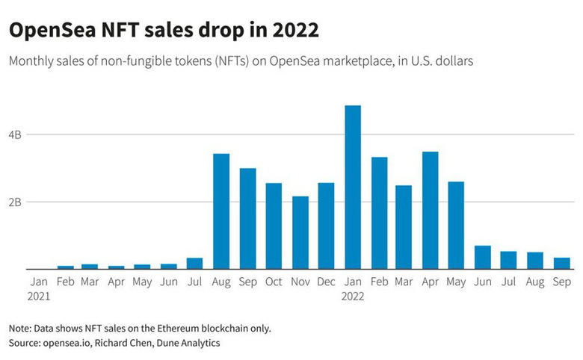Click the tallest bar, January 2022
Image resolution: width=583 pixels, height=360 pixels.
[352, 187]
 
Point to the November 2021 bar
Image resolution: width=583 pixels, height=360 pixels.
[300, 232]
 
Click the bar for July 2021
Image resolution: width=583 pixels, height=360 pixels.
[194, 264]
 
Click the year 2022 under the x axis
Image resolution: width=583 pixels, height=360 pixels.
[353, 297]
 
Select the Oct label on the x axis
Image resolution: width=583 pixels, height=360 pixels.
[274, 282]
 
